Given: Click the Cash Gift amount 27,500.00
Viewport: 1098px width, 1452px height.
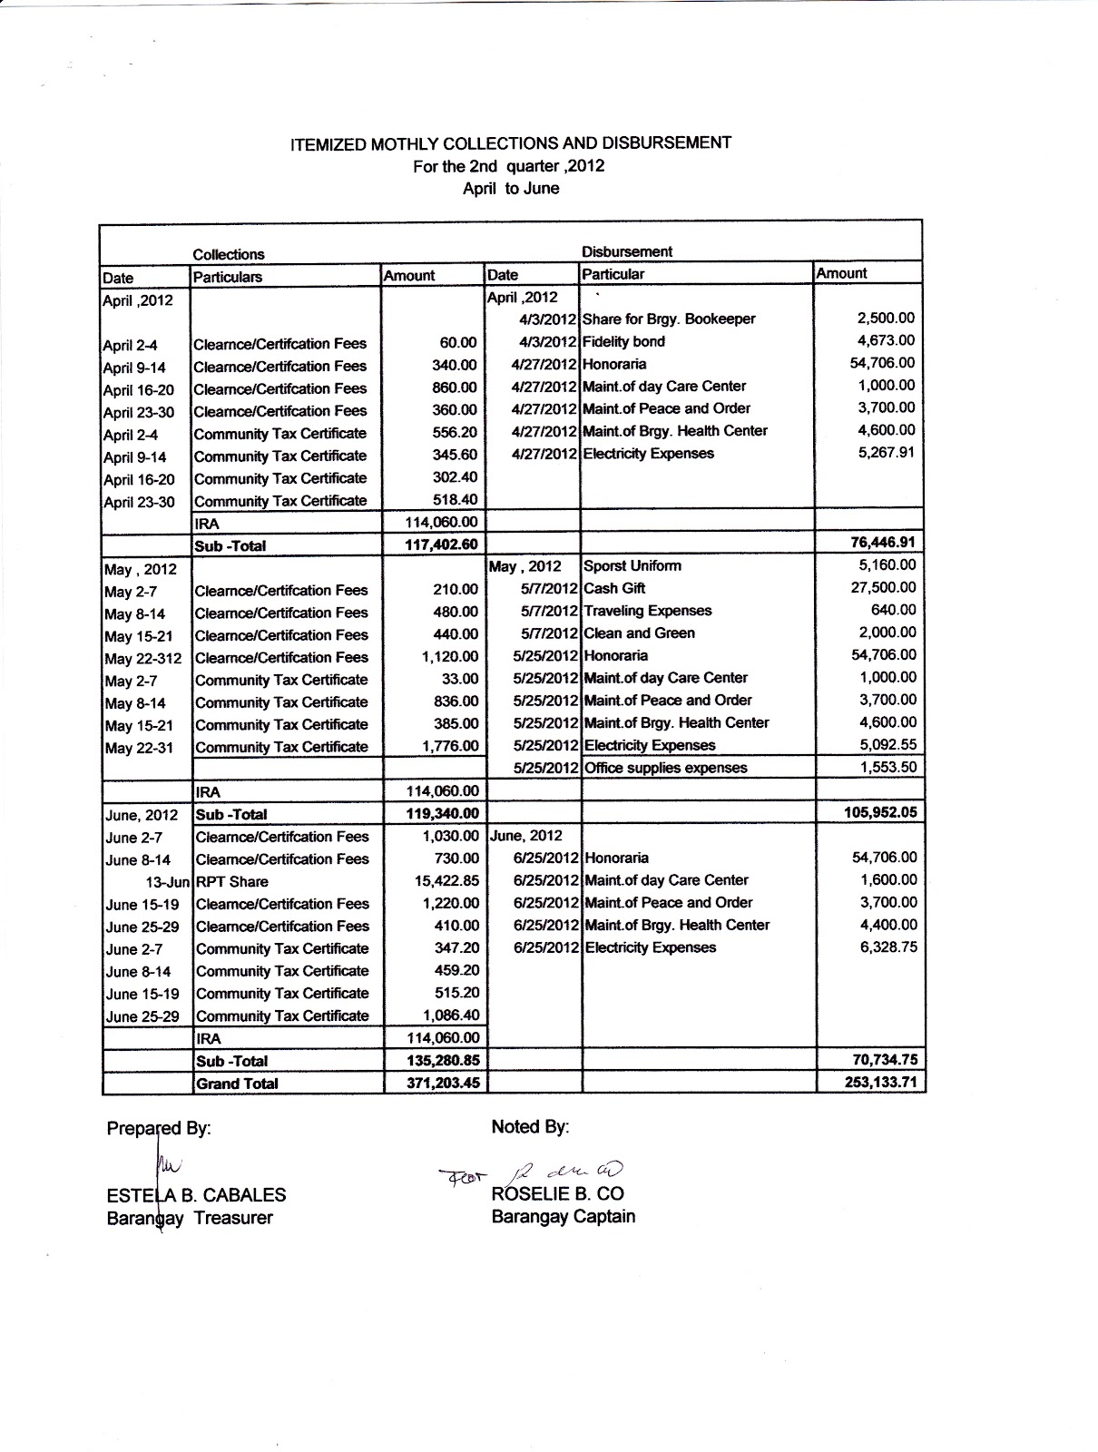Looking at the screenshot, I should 882,587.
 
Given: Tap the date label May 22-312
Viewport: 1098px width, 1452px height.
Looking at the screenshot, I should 142,658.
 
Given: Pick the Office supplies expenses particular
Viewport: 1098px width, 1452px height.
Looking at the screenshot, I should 666,768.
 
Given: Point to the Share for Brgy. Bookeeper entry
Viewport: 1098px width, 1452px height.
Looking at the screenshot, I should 669,319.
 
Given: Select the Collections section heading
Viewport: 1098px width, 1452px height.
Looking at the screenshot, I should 229,254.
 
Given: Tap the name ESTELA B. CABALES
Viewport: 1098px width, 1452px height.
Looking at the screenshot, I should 196,1195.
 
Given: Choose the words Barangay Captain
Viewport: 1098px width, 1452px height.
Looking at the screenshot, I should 563,1216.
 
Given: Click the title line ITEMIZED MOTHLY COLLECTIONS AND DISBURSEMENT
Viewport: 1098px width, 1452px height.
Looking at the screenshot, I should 510,143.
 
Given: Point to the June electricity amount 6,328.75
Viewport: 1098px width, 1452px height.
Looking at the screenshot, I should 887,947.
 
